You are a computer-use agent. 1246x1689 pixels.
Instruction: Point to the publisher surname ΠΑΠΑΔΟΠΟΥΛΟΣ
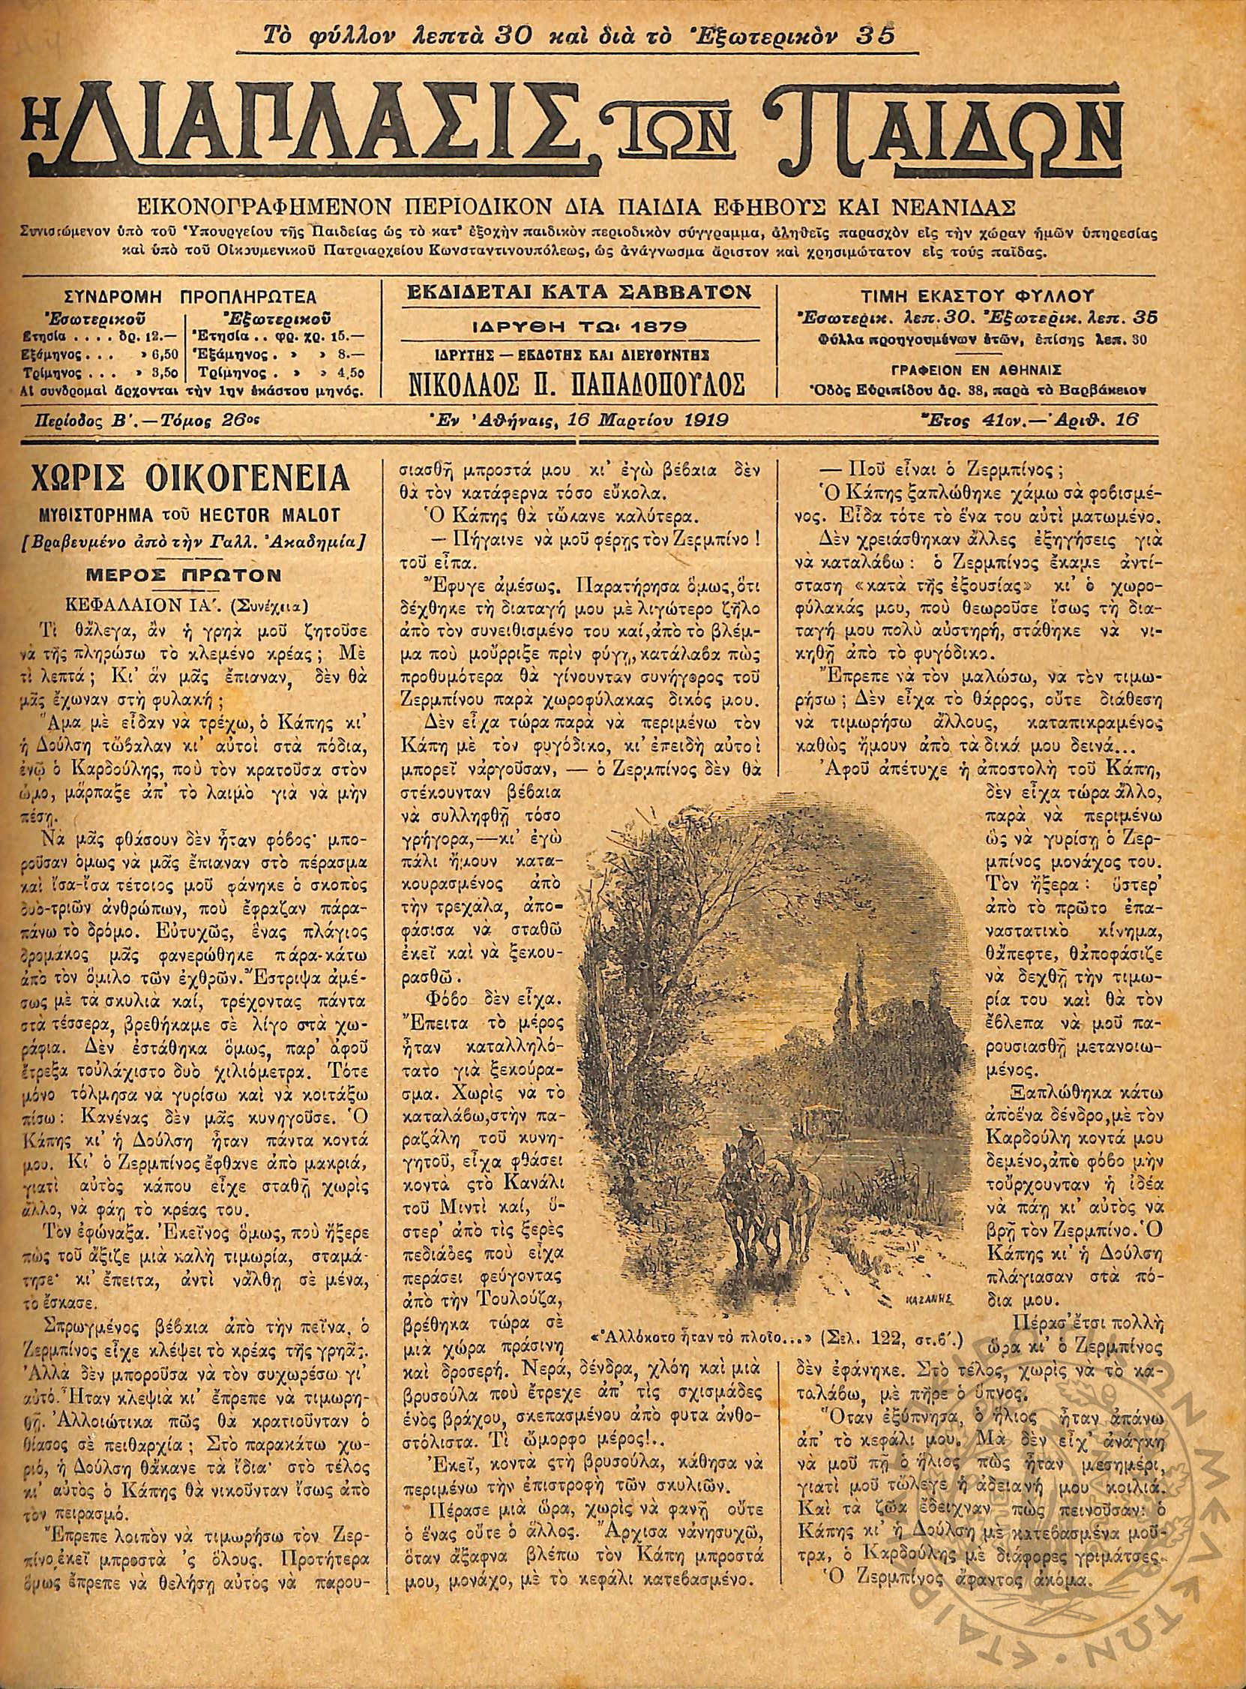(x=641, y=385)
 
